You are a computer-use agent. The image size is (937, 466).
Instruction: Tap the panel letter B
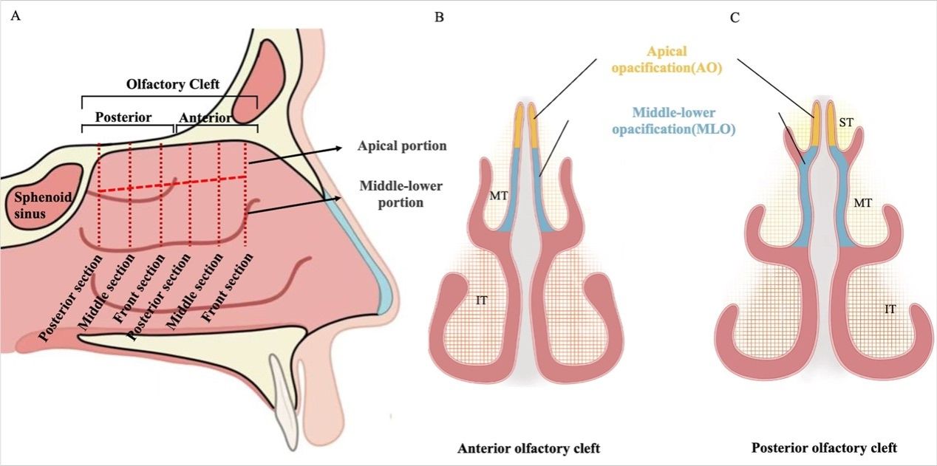439,17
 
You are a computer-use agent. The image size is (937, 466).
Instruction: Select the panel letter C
734,17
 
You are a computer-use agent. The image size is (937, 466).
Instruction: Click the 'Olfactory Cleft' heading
173,85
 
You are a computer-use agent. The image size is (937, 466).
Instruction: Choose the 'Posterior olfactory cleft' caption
823,448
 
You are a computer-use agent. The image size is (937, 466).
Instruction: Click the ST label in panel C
847,126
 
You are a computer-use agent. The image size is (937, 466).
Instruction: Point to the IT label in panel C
890,309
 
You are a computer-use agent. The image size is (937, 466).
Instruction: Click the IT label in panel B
483,298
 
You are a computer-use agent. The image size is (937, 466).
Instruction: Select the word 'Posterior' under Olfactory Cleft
124,117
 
